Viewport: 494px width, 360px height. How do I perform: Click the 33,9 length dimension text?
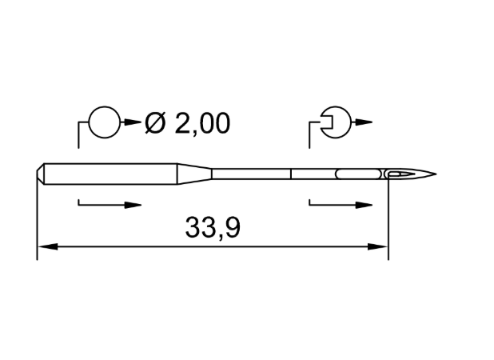click(x=213, y=228)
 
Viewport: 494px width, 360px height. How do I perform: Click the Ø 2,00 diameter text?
click(x=187, y=123)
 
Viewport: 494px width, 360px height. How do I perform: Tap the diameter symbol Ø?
click(x=155, y=123)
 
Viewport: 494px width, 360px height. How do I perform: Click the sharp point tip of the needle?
click(x=436, y=174)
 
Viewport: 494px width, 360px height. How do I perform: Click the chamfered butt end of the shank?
click(x=40, y=174)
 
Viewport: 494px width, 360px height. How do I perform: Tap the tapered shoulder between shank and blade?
click(x=194, y=174)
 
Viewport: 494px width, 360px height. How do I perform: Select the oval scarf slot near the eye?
click(x=358, y=174)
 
